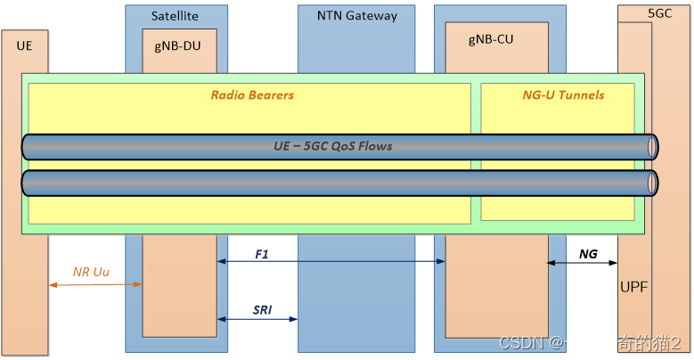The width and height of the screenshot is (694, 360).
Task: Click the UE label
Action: tap(24, 44)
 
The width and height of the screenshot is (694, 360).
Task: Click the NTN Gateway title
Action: tap(356, 15)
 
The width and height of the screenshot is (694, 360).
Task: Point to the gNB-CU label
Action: tap(491, 39)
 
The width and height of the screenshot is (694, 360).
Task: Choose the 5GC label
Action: tap(660, 13)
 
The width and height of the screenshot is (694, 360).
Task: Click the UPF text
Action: tap(633, 286)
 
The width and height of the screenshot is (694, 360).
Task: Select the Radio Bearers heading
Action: tap(252, 94)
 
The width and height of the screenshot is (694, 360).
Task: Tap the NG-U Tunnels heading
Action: tap(563, 94)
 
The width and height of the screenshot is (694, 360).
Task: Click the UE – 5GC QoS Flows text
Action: tap(332, 146)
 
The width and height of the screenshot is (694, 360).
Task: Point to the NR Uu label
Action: tap(91, 272)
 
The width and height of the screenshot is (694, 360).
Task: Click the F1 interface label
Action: tap(262, 254)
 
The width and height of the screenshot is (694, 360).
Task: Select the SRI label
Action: tap(262, 309)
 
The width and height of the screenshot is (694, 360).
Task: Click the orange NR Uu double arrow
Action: tap(96, 284)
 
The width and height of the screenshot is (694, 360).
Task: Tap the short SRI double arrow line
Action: tap(257, 319)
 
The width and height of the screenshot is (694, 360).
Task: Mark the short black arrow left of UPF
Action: tap(557, 263)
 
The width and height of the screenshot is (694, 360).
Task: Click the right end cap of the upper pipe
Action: tap(653, 147)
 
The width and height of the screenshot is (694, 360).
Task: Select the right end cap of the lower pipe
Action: tap(653, 183)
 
